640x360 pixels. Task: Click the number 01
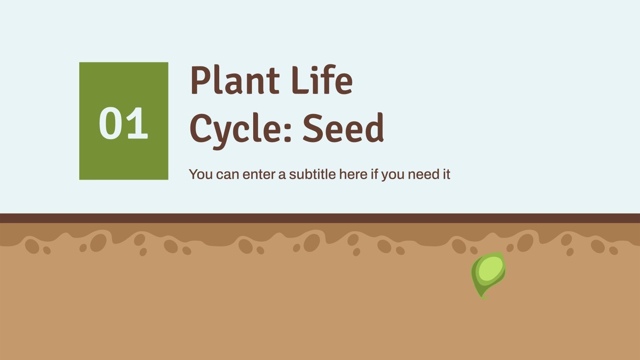(x=123, y=124)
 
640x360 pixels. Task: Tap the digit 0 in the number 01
(x=110, y=124)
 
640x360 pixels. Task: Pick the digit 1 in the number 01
(x=137, y=124)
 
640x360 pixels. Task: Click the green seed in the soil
(x=488, y=274)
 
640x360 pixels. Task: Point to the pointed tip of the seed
(x=484, y=297)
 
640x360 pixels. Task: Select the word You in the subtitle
(x=201, y=174)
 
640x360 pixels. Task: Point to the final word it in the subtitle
(x=446, y=174)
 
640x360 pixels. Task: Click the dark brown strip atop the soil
(x=320, y=218)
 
